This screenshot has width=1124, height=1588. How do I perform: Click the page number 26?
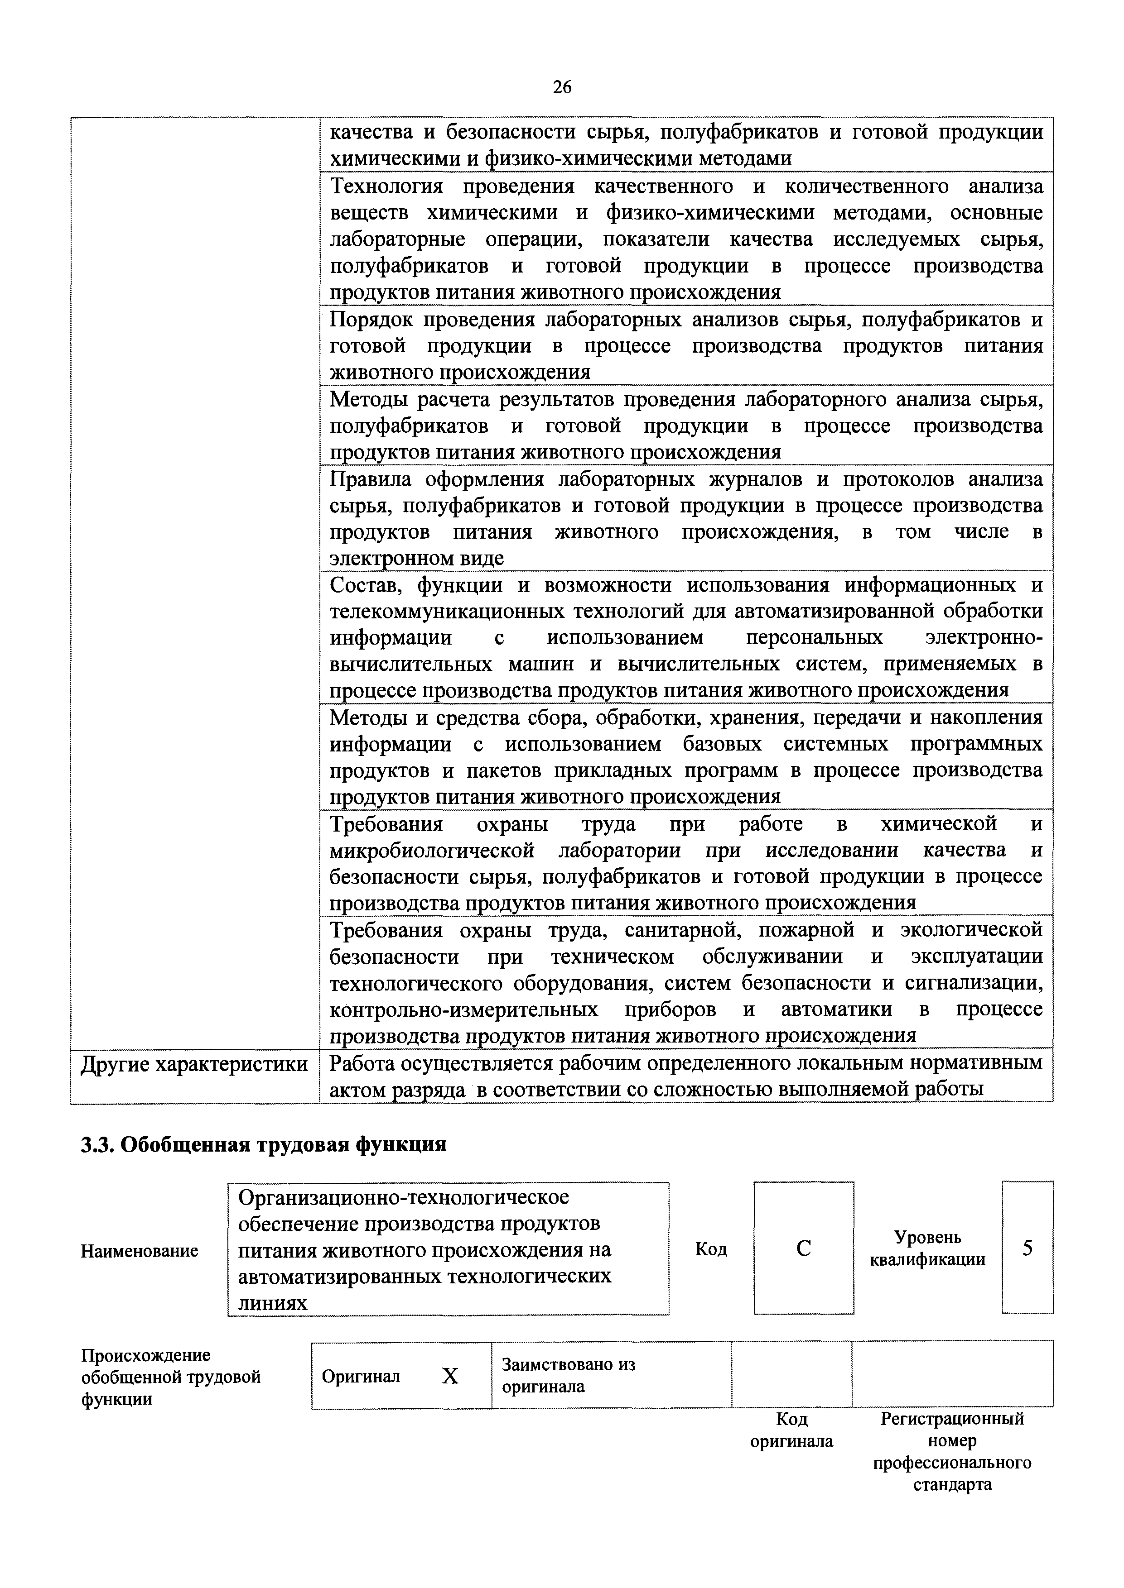point(562,87)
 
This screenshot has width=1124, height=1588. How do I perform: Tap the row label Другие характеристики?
point(194,1064)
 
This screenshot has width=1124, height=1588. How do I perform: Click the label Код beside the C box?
point(711,1249)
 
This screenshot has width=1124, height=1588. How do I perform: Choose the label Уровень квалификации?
point(927,1248)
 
